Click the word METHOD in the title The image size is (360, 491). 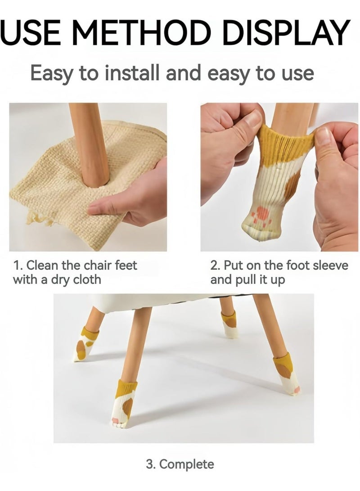[142, 32]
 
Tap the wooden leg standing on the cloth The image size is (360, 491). [90, 144]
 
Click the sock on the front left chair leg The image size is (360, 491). [124, 403]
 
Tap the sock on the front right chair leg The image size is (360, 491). [287, 374]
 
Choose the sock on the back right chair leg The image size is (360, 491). [230, 324]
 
